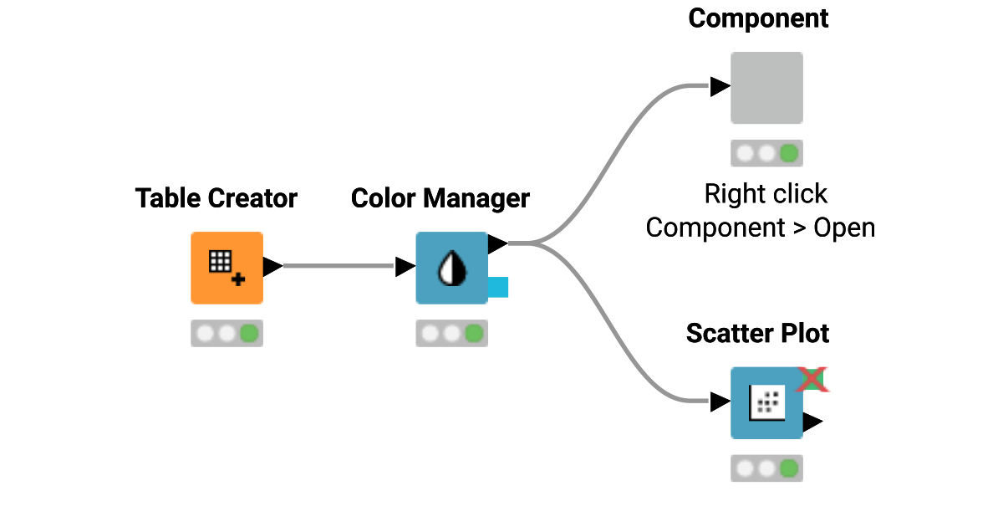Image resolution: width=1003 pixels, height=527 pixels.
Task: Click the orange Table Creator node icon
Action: pos(227,268)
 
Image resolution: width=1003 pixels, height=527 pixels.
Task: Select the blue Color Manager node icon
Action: pos(451,268)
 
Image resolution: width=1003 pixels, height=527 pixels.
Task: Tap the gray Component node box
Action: pos(766,88)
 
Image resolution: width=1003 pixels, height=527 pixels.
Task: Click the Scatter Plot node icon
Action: pos(766,403)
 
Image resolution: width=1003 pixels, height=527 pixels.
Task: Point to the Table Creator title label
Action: pos(216,198)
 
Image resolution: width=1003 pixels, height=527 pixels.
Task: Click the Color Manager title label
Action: pos(440,198)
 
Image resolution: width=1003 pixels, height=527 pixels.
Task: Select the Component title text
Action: pos(758,18)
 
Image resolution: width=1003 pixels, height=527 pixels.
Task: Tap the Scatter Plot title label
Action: pos(757,333)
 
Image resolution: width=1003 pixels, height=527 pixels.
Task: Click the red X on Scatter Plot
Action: pos(810,379)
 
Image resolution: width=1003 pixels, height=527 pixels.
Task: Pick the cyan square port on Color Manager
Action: pos(498,287)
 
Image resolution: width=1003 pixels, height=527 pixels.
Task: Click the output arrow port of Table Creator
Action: pos(272,267)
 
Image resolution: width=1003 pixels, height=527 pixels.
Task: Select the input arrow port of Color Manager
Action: pos(405,267)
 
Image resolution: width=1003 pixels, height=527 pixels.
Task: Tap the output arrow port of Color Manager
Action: pos(497,243)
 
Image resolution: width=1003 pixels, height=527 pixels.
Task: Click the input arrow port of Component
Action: pos(720,86)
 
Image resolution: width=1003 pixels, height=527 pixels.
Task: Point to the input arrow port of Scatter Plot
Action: pos(720,402)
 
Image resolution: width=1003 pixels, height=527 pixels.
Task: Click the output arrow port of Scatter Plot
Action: pos(812,422)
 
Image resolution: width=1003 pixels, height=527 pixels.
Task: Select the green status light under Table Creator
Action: pos(248,334)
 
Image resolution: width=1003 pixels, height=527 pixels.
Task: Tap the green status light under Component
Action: pos(788,153)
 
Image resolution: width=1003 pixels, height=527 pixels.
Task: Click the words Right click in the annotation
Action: pos(766,194)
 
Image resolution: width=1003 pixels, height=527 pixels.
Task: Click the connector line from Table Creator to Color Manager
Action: pos(339,267)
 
